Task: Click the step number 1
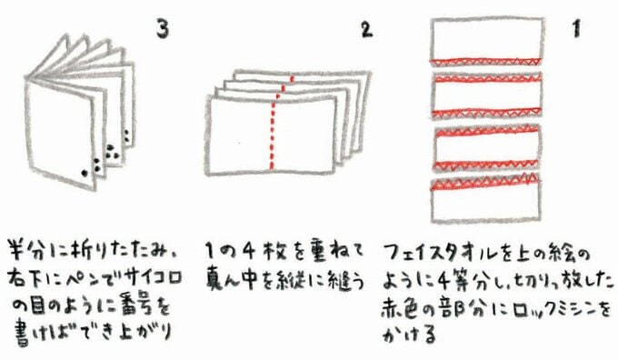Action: point(576,29)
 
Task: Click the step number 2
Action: point(366,29)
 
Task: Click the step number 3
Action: point(163,29)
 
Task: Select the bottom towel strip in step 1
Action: point(485,199)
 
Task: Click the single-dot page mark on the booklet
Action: point(84,173)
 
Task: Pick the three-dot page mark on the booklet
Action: point(112,152)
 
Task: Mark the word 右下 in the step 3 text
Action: point(25,277)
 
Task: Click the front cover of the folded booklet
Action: point(60,132)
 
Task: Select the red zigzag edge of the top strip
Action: point(484,62)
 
